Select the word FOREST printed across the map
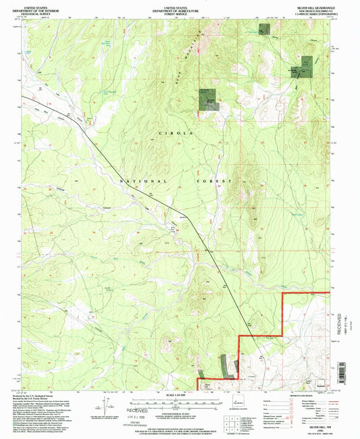pos(217,182)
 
